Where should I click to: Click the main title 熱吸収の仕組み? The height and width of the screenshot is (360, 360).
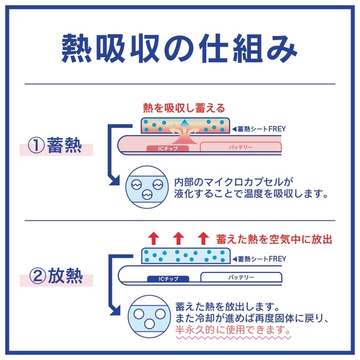click(x=179, y=47)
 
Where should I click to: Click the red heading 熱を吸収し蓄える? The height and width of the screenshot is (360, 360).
click(x=184, y=108)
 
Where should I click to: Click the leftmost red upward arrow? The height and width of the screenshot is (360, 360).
click(x=152, y=238)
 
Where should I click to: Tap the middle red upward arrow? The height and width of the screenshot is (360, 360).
click(x=178, y=238)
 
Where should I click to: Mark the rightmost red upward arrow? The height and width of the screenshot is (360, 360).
click(x=203, y=238)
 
